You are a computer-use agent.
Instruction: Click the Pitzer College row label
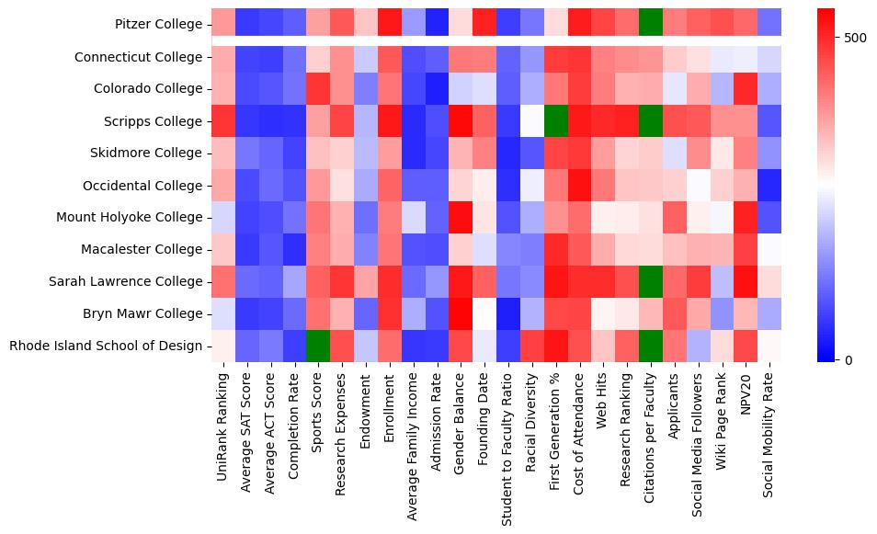(x=159, y=25)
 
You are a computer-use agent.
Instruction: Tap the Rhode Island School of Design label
(x=106, y=346)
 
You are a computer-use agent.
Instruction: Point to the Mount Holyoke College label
(x=141, y=218)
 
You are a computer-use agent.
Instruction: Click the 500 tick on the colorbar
(x=855, y=38)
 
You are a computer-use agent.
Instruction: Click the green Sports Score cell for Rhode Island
(x=318, y=346)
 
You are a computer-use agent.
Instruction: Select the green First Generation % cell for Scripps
(x=556, y=121)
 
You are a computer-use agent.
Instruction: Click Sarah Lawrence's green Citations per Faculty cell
(x=651, y=281)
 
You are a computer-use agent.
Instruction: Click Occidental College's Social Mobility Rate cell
(x=770, y=186)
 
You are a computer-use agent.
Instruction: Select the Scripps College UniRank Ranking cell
(x=223, y=121)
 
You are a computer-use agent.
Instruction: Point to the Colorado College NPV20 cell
(x=746, y=89)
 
